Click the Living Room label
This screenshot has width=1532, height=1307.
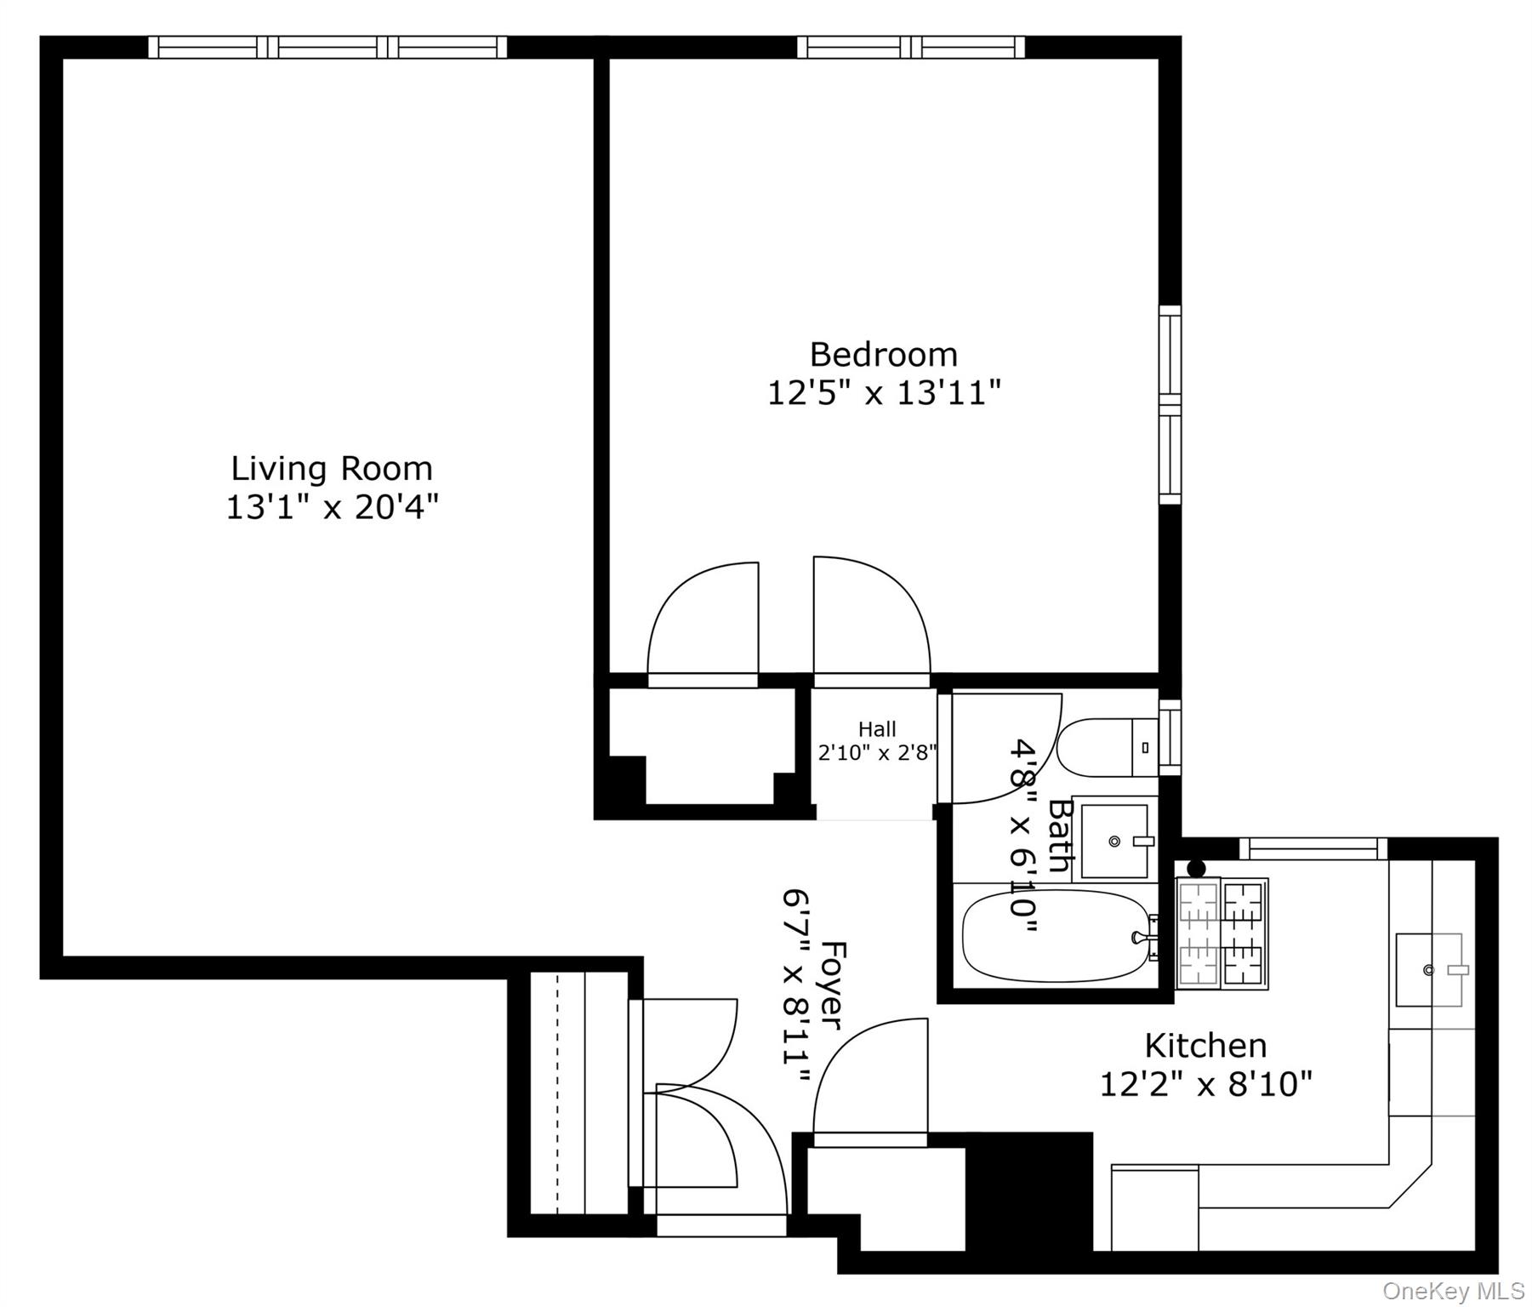(332, 469)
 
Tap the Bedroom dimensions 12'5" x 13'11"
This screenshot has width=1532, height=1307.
(884, 394)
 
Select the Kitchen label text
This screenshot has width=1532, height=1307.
(1205, 1045)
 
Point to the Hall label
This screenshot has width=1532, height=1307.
(877, 729)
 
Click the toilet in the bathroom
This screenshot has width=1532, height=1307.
(1106, 748)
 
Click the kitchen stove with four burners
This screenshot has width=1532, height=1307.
(1222, 933)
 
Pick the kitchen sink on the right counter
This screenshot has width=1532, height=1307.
(1430, 970)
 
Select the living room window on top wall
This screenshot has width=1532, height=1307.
(327, 47)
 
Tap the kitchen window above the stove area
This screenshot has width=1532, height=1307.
(1313, 848)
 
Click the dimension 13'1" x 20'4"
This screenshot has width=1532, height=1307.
(332, 508)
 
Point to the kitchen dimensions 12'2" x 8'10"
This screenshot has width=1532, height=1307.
(1205, 1085)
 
